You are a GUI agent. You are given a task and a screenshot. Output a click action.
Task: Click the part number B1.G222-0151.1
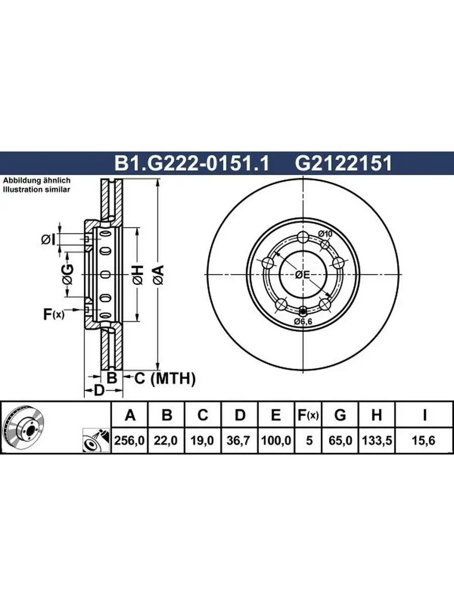coord(192,163)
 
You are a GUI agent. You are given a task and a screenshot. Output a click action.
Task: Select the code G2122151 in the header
coord(343,163)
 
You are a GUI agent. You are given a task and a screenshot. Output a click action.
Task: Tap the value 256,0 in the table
coord(129,440)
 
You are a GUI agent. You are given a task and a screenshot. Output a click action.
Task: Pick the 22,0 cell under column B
coord(165,440)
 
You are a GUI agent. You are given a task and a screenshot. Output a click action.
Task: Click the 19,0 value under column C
coord(202,440)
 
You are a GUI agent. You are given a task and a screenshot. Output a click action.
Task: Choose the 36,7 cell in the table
coord(239,440)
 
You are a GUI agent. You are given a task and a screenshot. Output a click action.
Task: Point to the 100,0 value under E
coord(276,440)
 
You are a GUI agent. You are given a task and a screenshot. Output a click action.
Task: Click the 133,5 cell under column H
coord(377,440)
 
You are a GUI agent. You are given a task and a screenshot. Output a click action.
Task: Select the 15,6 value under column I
coord(423,440)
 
